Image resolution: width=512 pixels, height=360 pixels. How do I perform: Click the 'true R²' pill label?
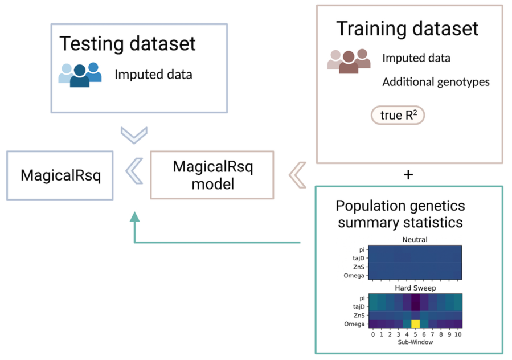(x=398, y=115)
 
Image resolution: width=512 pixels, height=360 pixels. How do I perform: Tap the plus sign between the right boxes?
(x=408, y=175)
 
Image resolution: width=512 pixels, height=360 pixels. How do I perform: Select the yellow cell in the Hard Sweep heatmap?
(x=415, y=324)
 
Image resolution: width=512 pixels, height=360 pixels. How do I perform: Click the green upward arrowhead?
(x=134, y=217)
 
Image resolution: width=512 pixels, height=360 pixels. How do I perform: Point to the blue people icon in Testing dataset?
(x=80, y=75)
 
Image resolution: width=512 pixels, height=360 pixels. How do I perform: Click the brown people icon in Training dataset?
(x=349, y=61)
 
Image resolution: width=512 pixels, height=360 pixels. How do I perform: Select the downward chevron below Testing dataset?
(x=134, y=135)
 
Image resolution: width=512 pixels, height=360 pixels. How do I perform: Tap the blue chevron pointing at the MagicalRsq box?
(x=134, y=171)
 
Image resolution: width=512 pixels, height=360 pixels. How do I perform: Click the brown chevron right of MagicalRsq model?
(x=297, y=175)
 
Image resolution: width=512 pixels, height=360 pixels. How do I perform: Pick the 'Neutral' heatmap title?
(x=415, y=239)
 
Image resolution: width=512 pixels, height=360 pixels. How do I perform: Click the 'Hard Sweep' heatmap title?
(x=415, y=288)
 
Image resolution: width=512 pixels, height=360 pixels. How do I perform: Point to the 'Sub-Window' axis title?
(x=415, y=342)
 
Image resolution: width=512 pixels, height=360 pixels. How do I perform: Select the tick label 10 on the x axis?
(x=458, y=334)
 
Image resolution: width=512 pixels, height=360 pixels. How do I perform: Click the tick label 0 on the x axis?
(x=373, y=334)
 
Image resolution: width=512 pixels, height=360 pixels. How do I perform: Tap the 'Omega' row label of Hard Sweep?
(x=354, y=324)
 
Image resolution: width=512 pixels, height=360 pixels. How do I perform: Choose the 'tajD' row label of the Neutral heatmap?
(x=358, y=258)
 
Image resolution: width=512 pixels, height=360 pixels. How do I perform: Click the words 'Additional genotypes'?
(x=436, y=82)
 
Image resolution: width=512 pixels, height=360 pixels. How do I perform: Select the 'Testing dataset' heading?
(x=128, y=43)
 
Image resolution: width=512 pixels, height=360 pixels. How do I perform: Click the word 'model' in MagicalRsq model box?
(x=213, y=184)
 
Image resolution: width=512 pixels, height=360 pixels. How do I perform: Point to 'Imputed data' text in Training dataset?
(x=416, y=58)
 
